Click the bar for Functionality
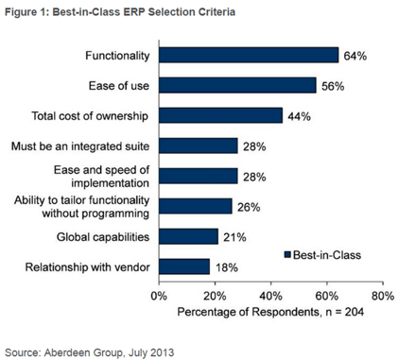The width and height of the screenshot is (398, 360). click(249, 56)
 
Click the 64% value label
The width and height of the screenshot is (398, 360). click(355, 56)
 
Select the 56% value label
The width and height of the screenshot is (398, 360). click(332, 86)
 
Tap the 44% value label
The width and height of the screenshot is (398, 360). click(299, 115)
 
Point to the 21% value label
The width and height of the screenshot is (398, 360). click(234, 235)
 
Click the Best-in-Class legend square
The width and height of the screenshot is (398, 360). click(287, 253)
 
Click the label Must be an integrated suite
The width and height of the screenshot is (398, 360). click(87, 146)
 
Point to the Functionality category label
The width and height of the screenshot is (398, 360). click(116, 56)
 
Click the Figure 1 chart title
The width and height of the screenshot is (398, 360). click(117, 11)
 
